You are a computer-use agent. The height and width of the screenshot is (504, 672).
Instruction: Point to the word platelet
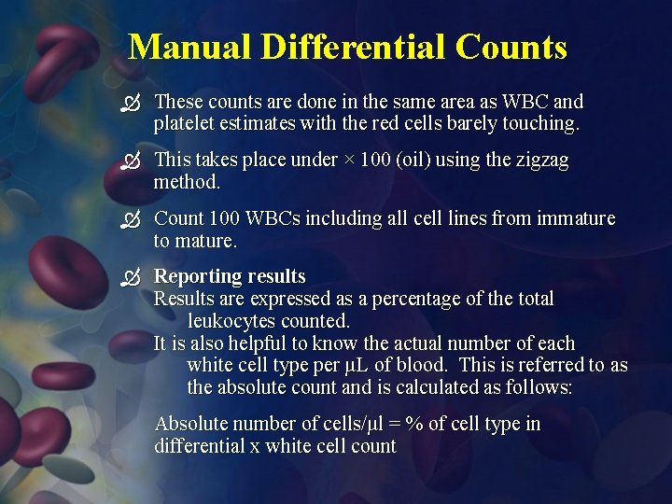[185, 123]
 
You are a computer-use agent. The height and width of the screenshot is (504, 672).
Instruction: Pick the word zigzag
[539, 160]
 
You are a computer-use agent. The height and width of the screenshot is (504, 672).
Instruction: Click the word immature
[578, 218]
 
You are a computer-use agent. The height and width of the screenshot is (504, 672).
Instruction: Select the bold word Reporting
[195, 276]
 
